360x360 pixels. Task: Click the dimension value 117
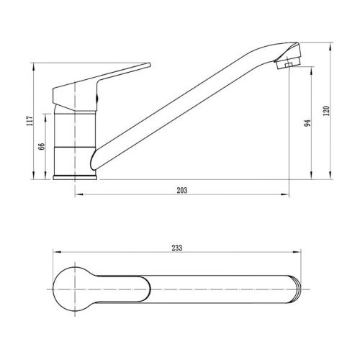[x=30, y=121]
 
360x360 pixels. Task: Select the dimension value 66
[x=41, y=146]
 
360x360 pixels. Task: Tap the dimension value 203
[x=182, y=190]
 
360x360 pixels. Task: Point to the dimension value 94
[x=307, y=123]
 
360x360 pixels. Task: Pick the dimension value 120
[x=326, y=111]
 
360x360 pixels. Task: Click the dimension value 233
[x=177, y=248]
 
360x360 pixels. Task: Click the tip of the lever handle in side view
[x=150, y=65]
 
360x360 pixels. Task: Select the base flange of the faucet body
[x=75, y=178]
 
